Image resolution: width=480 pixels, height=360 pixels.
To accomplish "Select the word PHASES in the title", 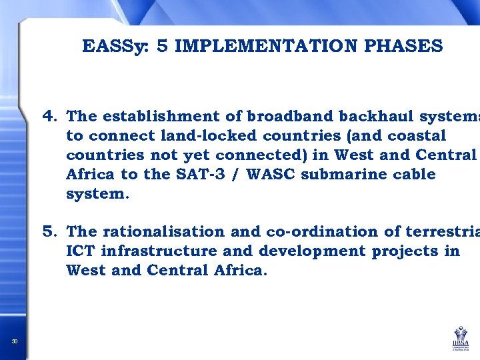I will [403, 46].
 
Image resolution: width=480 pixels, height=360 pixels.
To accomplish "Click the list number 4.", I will [51, 117].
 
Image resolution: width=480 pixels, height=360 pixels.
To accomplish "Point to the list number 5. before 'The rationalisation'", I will [51, 232].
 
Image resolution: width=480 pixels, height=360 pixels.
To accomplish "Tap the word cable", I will [411, 175].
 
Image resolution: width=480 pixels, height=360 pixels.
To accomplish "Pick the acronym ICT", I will [80, 251].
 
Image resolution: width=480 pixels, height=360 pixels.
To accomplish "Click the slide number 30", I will [15, 343].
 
